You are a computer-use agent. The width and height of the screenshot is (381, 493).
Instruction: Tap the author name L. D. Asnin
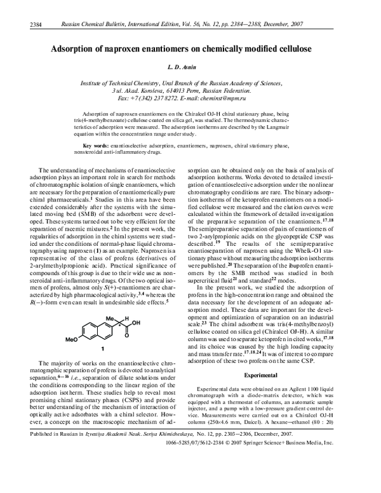[190, 67]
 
